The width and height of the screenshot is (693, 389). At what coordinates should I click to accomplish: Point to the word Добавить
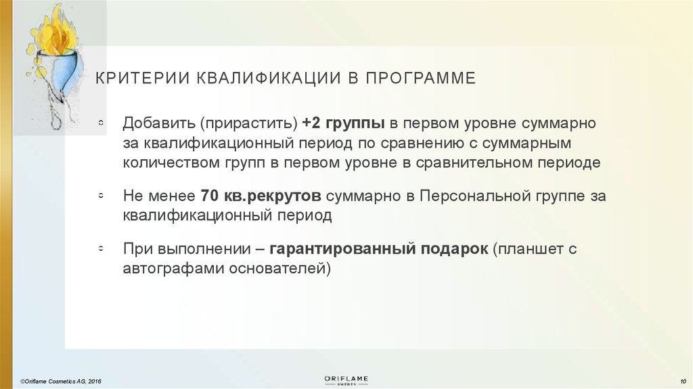click(157, 124)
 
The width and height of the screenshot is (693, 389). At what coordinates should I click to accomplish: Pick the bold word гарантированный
click(341, 249)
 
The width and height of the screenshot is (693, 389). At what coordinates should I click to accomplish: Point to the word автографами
click(166, 268)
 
